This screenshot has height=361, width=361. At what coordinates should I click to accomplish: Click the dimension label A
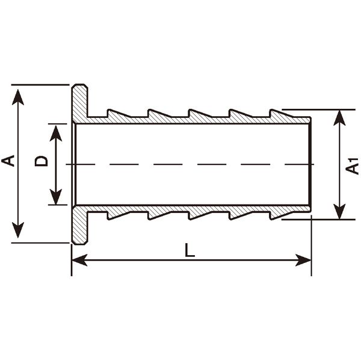pos(8,161)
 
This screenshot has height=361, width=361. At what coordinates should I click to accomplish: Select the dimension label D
pos(41,161)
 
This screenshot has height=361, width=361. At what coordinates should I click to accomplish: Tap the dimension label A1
pos(352,166)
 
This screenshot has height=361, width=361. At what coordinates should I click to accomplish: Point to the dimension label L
pos(190,250)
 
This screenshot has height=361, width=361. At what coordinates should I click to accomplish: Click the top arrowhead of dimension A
pos(18,97)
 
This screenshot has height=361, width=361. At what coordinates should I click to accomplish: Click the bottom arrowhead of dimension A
pos(18,230)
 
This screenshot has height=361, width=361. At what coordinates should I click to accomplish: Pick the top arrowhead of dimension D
pos(56,134)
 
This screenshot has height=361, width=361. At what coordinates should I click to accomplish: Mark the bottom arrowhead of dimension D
pos(56,197)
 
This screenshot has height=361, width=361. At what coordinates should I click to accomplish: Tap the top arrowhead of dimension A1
pos(339,118)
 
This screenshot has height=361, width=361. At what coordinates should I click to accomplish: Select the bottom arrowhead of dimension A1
pos(339,211)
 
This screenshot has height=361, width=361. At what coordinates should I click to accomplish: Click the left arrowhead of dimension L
pos(79,260)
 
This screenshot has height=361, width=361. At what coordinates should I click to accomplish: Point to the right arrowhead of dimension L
pos(303,260)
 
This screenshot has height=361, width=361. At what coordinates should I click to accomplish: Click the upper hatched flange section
pos(79,103)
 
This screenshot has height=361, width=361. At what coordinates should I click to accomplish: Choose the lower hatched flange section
pos(79,224)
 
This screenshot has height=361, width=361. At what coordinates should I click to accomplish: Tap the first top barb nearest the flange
pos(119,114)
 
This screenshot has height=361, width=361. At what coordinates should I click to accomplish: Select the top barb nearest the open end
pos(282,114)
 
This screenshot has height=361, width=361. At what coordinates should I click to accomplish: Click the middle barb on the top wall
pos(200,114)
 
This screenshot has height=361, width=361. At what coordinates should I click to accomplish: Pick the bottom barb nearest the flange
pos(119,215)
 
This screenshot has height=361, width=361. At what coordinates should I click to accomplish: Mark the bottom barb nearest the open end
pos(282,215)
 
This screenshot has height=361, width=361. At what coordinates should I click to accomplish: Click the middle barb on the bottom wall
pos(200,215)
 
